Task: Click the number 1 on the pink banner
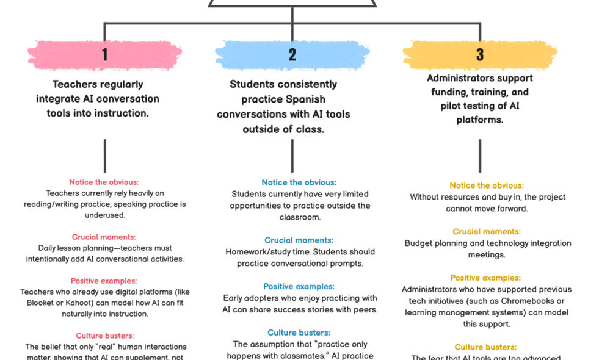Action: click(x=104, y=55)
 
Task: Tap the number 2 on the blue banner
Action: click(x=292, y=55)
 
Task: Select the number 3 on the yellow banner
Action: click(x=480, y=54)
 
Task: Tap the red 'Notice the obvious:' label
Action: click(x=104, y=182)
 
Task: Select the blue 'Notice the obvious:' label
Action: click(x=299, y=182)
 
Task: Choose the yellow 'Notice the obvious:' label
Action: click(x=487, y=185)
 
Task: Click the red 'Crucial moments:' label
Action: click(x=104, y=237)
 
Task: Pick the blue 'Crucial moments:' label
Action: click(x=299, y=240)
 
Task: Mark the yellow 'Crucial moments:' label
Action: click(x=487, y=232)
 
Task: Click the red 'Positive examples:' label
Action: click(x=104, y=281)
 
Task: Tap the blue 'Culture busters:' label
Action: click(x=299, y=333)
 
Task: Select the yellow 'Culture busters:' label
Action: click(x=487, y=347)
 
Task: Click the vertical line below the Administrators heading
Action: click(x=479, y=155)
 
